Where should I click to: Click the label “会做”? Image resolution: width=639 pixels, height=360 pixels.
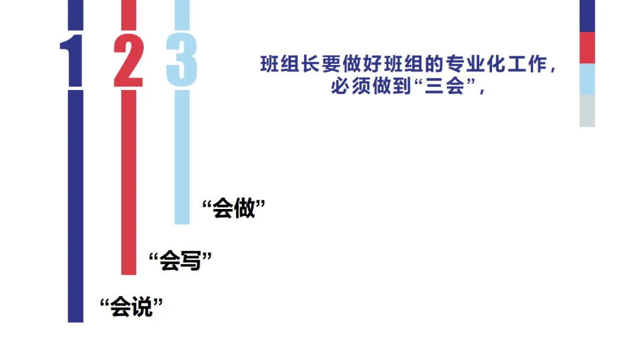(x=233, y=209)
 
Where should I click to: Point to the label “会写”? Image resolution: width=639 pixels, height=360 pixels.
(x=180, y=260)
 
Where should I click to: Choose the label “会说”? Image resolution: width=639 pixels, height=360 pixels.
(x=131, y=307)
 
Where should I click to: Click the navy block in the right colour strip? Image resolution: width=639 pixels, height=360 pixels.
(x=587, y=15)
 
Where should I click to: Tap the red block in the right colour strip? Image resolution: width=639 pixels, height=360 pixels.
(x=587, y=47)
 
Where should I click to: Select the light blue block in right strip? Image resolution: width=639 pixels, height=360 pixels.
(x=587, y=79)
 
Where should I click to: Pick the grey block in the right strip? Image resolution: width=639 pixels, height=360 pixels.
(x=587, y=111)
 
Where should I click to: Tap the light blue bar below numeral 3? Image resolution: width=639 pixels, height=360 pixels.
(x=182, y=157)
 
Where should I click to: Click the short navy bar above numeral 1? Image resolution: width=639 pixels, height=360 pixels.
(x=76, y=14)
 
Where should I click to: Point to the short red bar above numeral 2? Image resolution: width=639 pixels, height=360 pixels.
(x=128, y=14)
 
